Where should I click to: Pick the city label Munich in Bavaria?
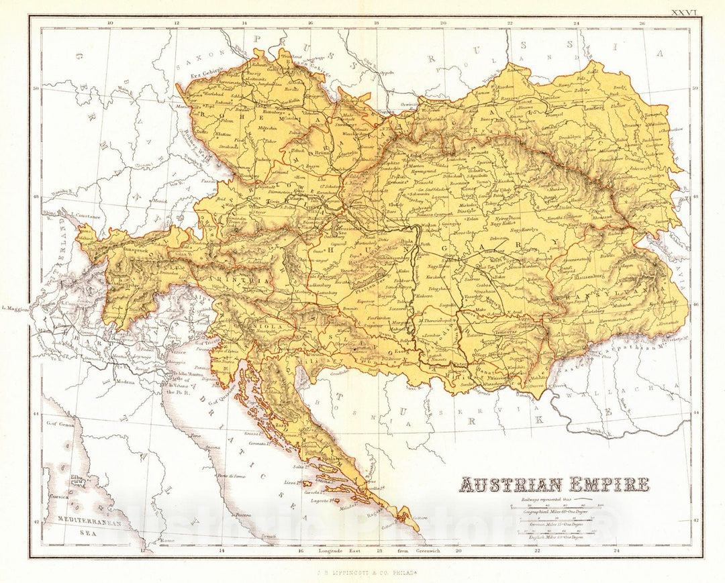[158, 200]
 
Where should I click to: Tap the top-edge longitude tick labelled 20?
[442, 23]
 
